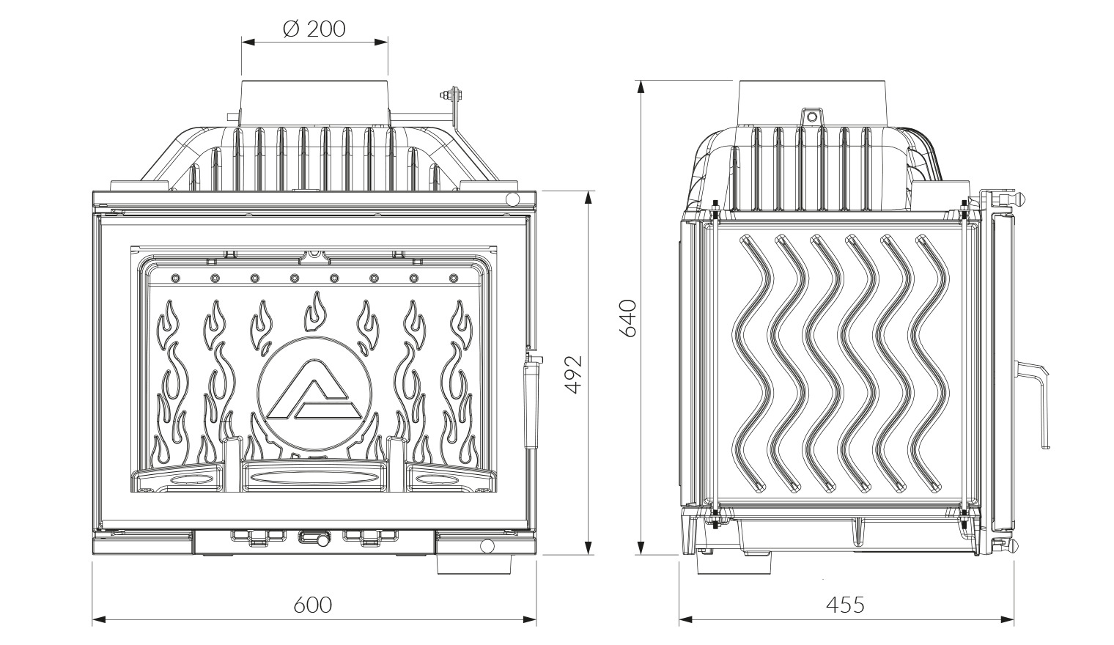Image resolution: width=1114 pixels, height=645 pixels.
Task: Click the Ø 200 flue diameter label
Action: point(314,29)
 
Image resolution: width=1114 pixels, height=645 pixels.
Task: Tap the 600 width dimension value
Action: point(312,605)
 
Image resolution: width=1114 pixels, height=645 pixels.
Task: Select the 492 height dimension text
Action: point(574,374)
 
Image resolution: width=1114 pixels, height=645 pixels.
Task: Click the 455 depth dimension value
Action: point(846,605)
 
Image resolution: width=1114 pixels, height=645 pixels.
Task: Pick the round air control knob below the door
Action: point(313,538)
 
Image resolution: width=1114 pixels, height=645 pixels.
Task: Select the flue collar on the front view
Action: point(314,102)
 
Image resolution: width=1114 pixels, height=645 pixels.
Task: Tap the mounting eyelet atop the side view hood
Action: point(811,117)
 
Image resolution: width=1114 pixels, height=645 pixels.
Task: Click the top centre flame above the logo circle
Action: point(315,312)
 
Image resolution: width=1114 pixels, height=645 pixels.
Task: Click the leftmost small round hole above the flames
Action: point(175,278)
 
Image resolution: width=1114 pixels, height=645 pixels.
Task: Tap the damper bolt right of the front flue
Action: point(452,94)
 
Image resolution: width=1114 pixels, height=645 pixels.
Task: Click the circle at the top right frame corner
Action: point(512,199)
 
